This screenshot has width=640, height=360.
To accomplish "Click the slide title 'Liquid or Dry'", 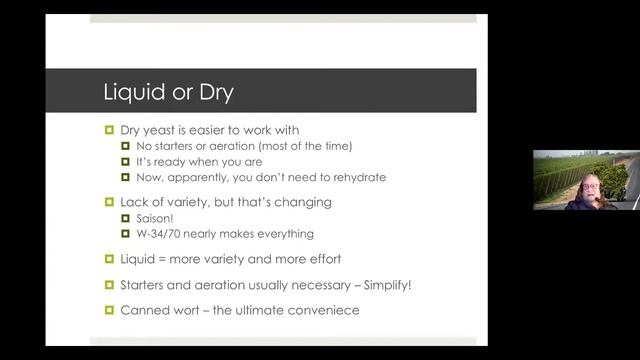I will tap(167, 92).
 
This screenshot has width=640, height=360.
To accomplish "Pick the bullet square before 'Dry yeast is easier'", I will tap(109, 129).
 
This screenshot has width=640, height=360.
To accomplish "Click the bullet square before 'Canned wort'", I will tap(109, 310).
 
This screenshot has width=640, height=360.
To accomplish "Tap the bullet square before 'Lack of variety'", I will tap(109, 201).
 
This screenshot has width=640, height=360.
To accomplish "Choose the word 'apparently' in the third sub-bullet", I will tap(211, 177).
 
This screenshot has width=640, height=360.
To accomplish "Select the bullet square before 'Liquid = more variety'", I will tap(109, 260).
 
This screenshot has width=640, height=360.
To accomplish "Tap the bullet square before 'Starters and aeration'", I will tap(109, 285).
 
